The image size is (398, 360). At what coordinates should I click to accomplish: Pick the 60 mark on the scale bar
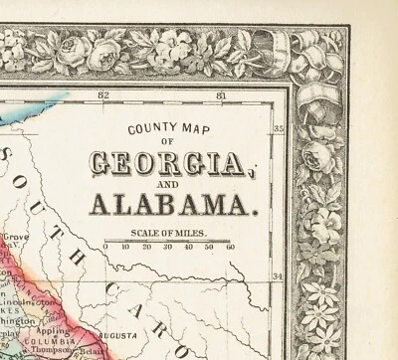(x=230, y=246)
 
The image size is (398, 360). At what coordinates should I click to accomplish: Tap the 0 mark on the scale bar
(x=105, y=246)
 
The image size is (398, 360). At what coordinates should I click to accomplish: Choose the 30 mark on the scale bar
(x=168, y=246)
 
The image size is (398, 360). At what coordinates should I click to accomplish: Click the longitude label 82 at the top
(x=103, y=95)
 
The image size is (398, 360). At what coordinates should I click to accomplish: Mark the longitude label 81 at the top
(x=221, y=95)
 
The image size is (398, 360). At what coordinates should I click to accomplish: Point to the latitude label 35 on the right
(x=279, y=128)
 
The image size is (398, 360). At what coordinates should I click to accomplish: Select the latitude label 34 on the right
(x=279, y=276)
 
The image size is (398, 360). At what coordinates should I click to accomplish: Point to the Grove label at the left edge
(x=14, y=238)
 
